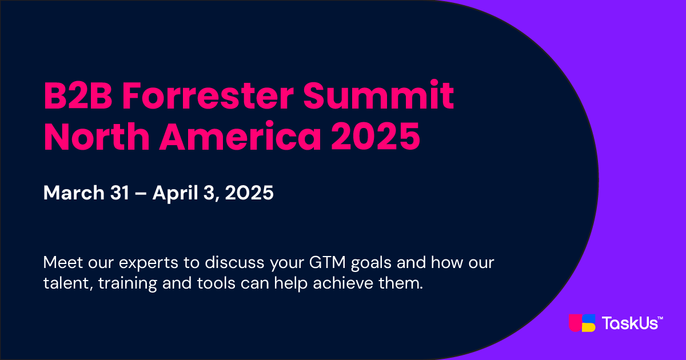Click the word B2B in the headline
[78, 96]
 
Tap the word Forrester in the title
[208, 96]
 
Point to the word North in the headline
[97, 136]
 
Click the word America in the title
[240, 136]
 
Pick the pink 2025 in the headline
[376, 136]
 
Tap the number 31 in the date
[119, 193]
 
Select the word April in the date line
[175, 193]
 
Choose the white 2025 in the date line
[249, 193]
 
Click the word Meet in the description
[63, 262]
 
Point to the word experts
[149, 263]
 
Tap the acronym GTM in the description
[328, 262]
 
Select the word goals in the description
[371, 263]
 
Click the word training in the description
[127, 283]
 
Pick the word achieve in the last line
[343, 282]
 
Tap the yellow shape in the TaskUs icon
[589, 327]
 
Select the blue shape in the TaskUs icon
[589, 318]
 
